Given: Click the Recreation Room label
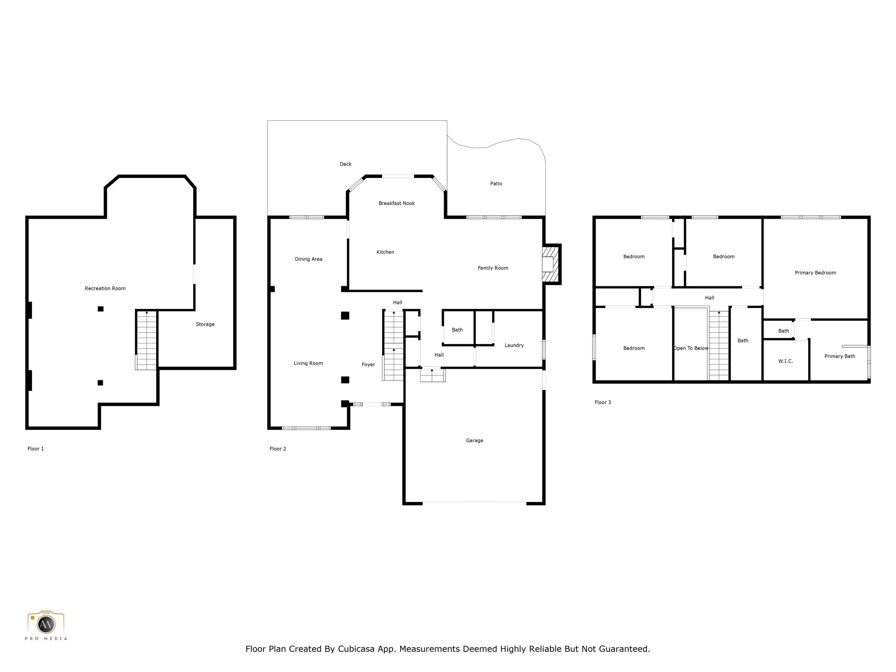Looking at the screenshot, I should click(x=105, y=288).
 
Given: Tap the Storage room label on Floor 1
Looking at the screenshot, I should click(x=205, y=324).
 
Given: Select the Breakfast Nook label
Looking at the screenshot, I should click(x=397, y=203).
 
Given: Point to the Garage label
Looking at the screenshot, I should click(x=474, y=440).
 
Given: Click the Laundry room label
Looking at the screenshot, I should click(x=514, y=345).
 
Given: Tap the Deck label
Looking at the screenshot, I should click(x=346, y=164).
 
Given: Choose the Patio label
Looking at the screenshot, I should click(x=496, y=183).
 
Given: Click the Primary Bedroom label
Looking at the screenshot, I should click(x=815, y=273).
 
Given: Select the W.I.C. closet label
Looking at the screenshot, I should click(x=785, y=361).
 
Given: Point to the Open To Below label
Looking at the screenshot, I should click(x=691, y=348).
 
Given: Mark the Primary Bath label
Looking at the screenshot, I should click(x=839, y=356).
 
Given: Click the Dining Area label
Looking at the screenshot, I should click(x=308, y=259).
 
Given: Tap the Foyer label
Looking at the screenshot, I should click(x=368, y=365).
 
